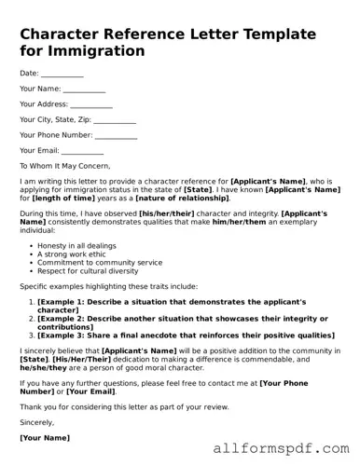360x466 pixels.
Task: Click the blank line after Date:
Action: [x=62, y=74]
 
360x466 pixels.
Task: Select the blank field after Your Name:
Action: [x=85, y=89]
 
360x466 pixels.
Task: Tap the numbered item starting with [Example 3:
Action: [x=186, y=335]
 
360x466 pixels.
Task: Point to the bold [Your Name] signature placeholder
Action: [x=44, y=436]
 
